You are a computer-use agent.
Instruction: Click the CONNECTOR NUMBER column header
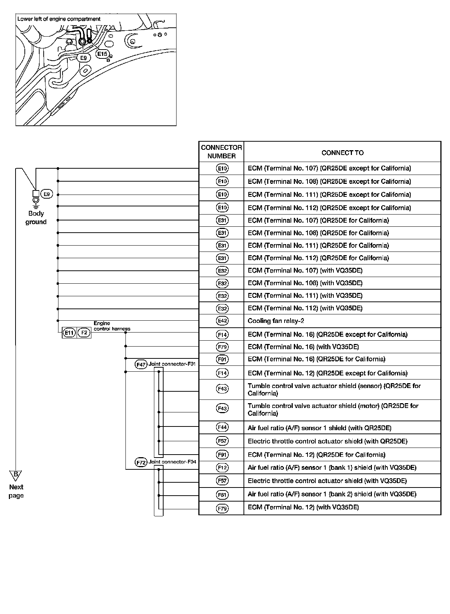(x=221, y=152)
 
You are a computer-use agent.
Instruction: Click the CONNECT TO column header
(x=342, y=153)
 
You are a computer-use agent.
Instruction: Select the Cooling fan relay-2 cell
(x=276, y=321)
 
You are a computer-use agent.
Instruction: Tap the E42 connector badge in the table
(x=222, y=321)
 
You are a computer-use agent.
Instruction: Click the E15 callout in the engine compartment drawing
(x=102, y=54)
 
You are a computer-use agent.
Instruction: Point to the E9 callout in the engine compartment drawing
(x=84, y=58)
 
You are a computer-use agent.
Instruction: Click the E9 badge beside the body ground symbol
(x=47, y=194)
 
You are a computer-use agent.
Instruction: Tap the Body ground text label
(x=36, y=217)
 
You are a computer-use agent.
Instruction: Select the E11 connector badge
(x=69, y=333)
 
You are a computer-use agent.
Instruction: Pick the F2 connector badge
(x=84, y=333)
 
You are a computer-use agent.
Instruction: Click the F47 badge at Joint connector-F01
(x=141, y=364)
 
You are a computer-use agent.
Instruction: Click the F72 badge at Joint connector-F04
(x=141, y=462)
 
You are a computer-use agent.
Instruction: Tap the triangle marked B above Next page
(x=16, y=475)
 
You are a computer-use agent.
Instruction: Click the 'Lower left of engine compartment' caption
(x=59, y=19)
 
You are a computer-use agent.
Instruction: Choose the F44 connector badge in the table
(x=222, y=427)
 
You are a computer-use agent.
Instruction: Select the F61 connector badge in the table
(x=222, y=495)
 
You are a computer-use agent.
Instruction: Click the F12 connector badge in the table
(x=222, y=468)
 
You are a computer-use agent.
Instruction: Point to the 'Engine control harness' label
(x=111, y=326)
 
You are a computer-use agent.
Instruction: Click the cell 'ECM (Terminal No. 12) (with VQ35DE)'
(x=303, y=507)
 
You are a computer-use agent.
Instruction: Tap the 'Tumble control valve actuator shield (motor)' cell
(x=333, y=409)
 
